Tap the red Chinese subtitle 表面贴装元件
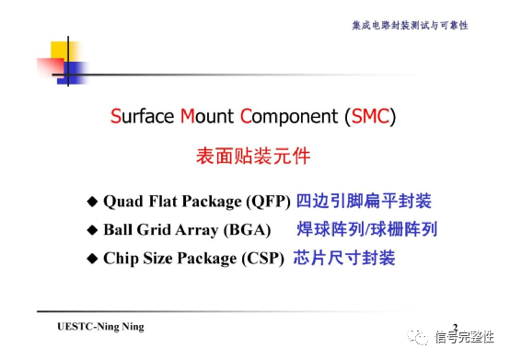[x=253, y=157]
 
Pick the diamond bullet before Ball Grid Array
[x=91, y=230]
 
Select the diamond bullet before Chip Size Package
[x=91, y=259]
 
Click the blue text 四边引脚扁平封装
[x=364, y=201]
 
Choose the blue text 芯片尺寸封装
[x=343, y=258]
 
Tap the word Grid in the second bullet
[x=153, y=230]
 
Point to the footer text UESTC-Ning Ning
[x=100, y=327]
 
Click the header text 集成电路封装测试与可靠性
[x=410, y=25]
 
